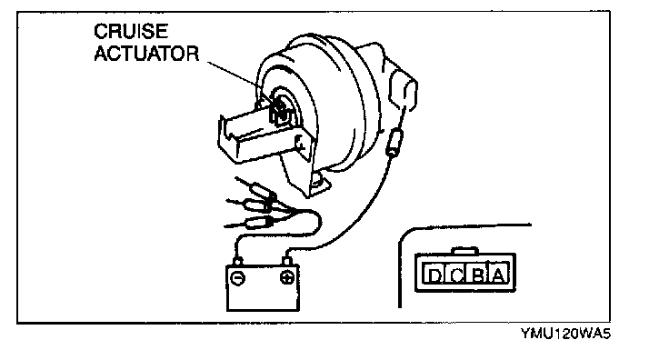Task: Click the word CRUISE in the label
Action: coord(131,32)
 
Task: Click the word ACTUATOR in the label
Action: coord(146,54)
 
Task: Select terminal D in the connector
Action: coord(434,274)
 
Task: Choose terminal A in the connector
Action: coord(497,274)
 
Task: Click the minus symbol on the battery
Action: coord(237,278)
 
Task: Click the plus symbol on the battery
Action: coord(286,278)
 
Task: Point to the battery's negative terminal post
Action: coord(237,261)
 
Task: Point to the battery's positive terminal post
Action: coord(286,260)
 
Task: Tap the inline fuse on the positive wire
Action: coord(394,143)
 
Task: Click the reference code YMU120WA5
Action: coord(564,334)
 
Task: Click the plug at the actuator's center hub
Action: coord(279,111)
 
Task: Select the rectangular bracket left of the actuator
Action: coord(256,136)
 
